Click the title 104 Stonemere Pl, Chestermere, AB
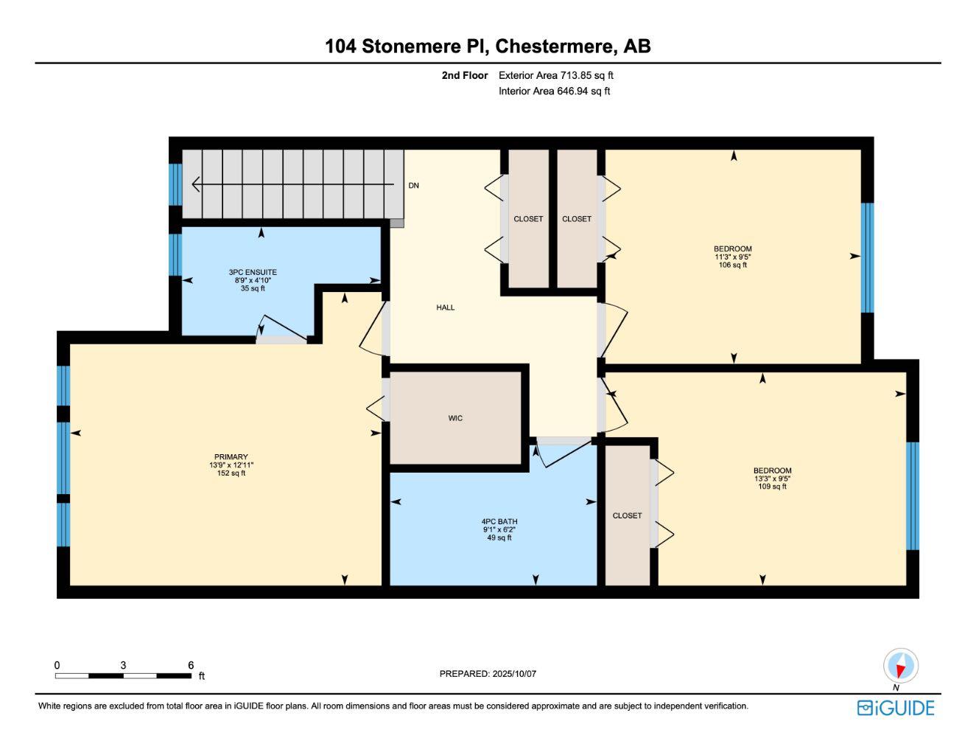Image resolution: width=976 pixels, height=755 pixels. (488, 46)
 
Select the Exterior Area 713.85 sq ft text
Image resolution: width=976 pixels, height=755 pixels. (555, 75)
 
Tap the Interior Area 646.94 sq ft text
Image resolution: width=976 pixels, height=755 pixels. (554, 91)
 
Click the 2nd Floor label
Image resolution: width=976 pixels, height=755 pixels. (464, 75)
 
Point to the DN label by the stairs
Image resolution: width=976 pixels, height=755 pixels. (414, 186)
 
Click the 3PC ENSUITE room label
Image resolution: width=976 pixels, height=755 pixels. (253, 273)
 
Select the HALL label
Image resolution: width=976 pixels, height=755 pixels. (446, 307)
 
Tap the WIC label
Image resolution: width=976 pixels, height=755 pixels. (455, 419)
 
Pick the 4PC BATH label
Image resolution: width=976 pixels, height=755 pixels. (499, 522)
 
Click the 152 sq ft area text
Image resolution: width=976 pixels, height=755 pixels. (231, 473)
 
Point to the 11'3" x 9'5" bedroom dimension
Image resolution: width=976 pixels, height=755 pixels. (732, 257)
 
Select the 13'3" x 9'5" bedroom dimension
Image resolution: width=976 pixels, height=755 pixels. (772, 479)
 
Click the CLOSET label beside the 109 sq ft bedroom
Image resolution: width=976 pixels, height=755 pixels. (627, 516)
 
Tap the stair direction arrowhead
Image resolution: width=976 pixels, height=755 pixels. (197, 184)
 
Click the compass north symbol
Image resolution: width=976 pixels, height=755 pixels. (900, 667)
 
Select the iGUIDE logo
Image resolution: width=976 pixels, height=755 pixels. (896, 708)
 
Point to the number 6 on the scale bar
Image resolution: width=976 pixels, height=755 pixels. (191, 665)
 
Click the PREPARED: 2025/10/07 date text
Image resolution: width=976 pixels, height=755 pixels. (488, 674)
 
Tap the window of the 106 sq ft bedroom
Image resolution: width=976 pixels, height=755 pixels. (868, 257)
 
